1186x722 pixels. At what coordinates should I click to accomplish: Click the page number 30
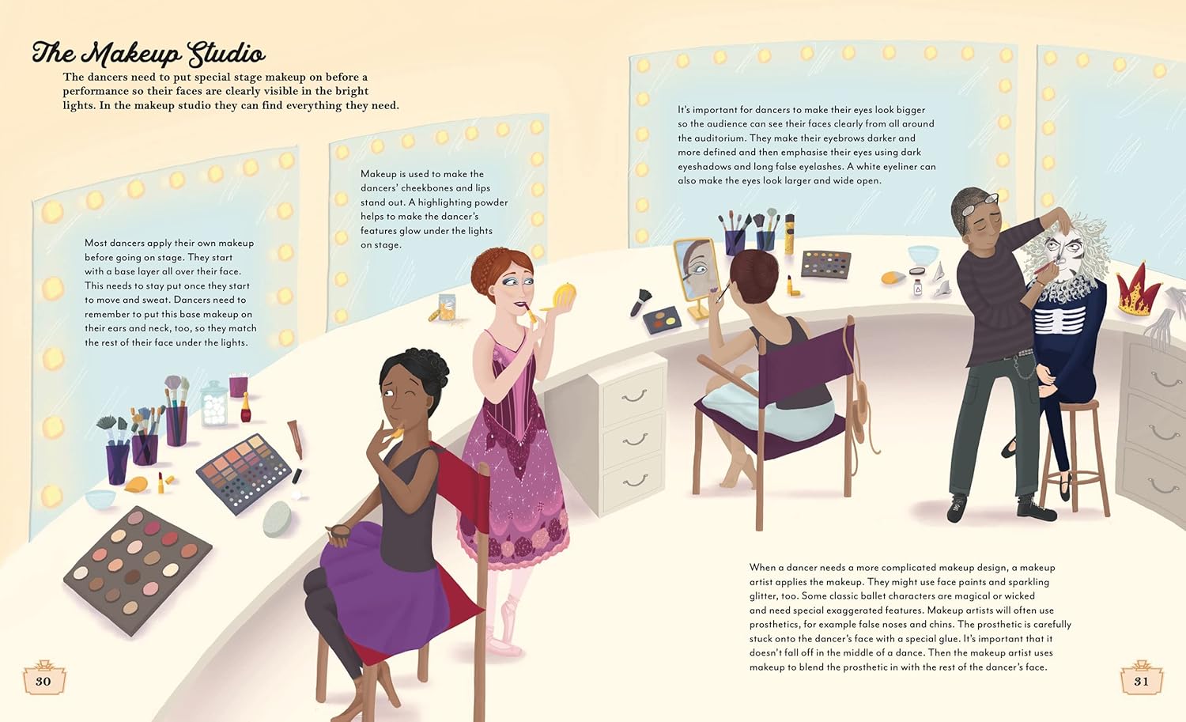tap(43, 681)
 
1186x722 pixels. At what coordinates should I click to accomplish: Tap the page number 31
tap(1142, 681)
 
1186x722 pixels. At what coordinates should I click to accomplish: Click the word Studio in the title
tap(227, 54)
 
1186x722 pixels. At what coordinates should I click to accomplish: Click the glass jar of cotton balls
tap(214, 403)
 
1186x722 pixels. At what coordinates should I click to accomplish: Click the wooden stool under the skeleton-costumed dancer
tap(1074, 456)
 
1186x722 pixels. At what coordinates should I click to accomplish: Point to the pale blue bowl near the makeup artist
tap(923, 255)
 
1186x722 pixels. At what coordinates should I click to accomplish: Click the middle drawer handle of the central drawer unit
tap(635, 439)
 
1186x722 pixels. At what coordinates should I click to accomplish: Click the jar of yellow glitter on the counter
tap(447, 308)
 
